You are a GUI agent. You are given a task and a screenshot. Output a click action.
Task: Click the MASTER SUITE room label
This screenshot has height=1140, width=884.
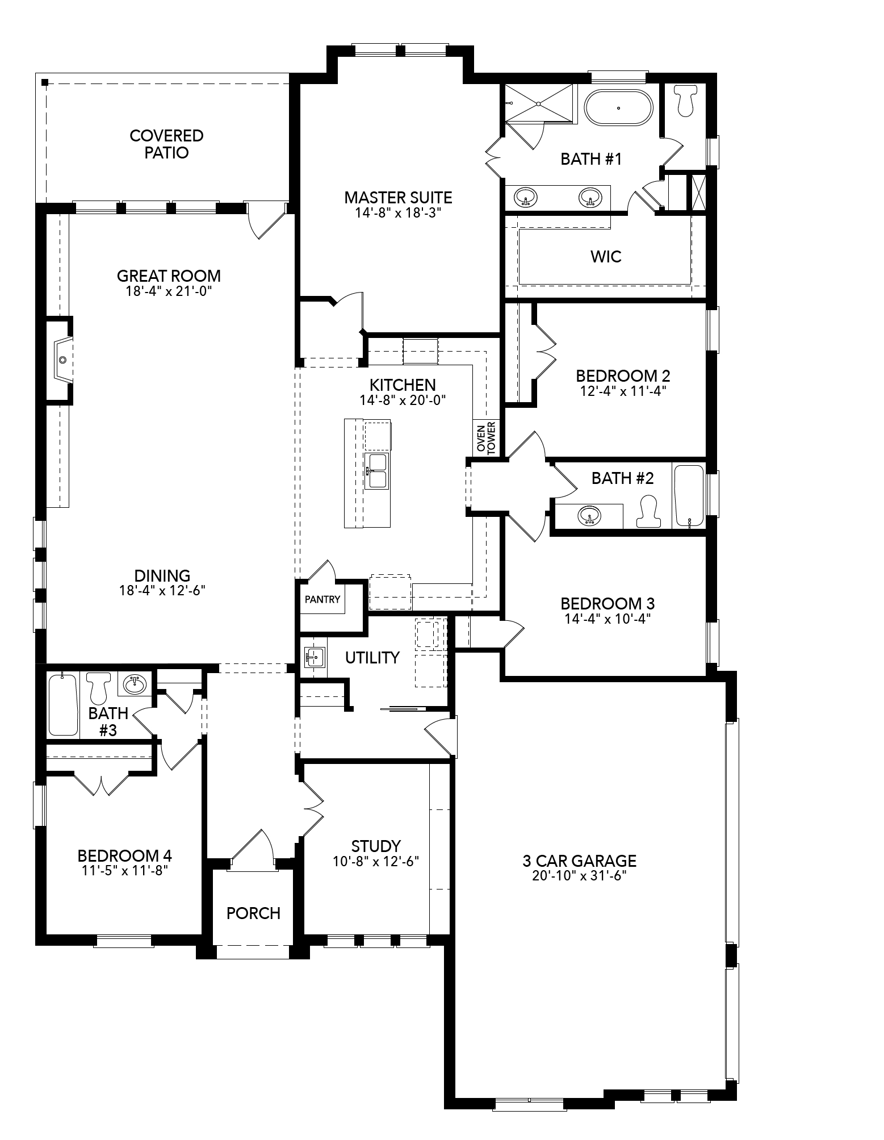pyautogui.click(x=398, y=198)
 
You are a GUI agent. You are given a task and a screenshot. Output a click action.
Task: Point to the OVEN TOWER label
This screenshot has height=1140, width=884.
pyautogui.click(x=486, y=437)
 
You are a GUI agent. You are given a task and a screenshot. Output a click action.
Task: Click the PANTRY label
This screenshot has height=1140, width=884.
pyautogui.click(x=322, y=599)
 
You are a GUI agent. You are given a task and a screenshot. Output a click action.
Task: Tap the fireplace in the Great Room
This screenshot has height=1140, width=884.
pyautogui.click(x=63, y=360)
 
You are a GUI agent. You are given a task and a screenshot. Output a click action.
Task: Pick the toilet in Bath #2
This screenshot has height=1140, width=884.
pyautogui.click(x=648, y=510)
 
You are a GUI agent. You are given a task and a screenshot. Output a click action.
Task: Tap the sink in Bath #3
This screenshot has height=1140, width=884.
pyautogui.click(x=135, y=684)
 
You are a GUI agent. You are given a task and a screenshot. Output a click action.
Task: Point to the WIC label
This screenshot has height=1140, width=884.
pyautogui.click(x=606, y=257)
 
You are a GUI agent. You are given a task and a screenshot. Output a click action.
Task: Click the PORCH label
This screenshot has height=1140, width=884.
pyautogui.click(x=253, y=913)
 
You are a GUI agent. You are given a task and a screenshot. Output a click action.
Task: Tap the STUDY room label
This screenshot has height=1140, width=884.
pyautogui.click(x=376, y=846)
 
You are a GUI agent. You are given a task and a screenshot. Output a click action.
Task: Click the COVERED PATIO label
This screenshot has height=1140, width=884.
pyautogui.click(x=166, y=144)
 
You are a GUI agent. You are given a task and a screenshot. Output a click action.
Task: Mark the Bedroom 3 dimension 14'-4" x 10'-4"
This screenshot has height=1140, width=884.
pyautogui.click(x=607, y=619)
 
